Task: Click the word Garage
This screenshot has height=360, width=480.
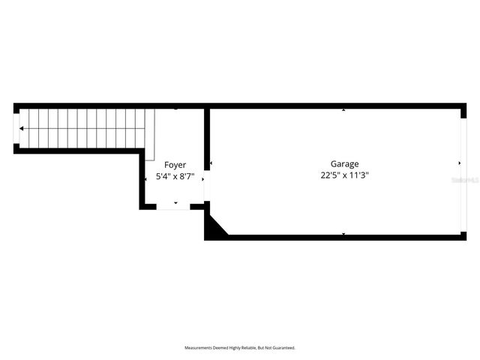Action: tap(344, 163)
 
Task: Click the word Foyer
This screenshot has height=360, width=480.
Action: tap(175, 164)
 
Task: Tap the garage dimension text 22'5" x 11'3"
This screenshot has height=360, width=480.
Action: tap(344, 175)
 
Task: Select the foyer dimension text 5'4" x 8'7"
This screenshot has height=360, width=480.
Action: tap(175, 177)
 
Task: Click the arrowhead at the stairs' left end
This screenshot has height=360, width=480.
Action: tap(22, 129)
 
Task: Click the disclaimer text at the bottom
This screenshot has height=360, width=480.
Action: tap(240, 348)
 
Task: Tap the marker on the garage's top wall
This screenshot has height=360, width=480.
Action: tap(343, 110)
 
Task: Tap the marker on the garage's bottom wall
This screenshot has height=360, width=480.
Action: tap(343, 234)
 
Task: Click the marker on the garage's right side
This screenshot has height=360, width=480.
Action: tap(460, 163)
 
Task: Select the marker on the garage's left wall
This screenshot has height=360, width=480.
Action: tap(211, 163)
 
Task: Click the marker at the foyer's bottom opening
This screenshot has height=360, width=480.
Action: tap(175, 202)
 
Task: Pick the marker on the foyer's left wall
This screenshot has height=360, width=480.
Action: tap(145, 179)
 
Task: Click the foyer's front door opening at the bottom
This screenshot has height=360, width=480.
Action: tap(173, 206)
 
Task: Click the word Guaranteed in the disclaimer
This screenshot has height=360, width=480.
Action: tap(283, 348)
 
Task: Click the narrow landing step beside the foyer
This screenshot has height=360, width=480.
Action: tap(150, 135)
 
